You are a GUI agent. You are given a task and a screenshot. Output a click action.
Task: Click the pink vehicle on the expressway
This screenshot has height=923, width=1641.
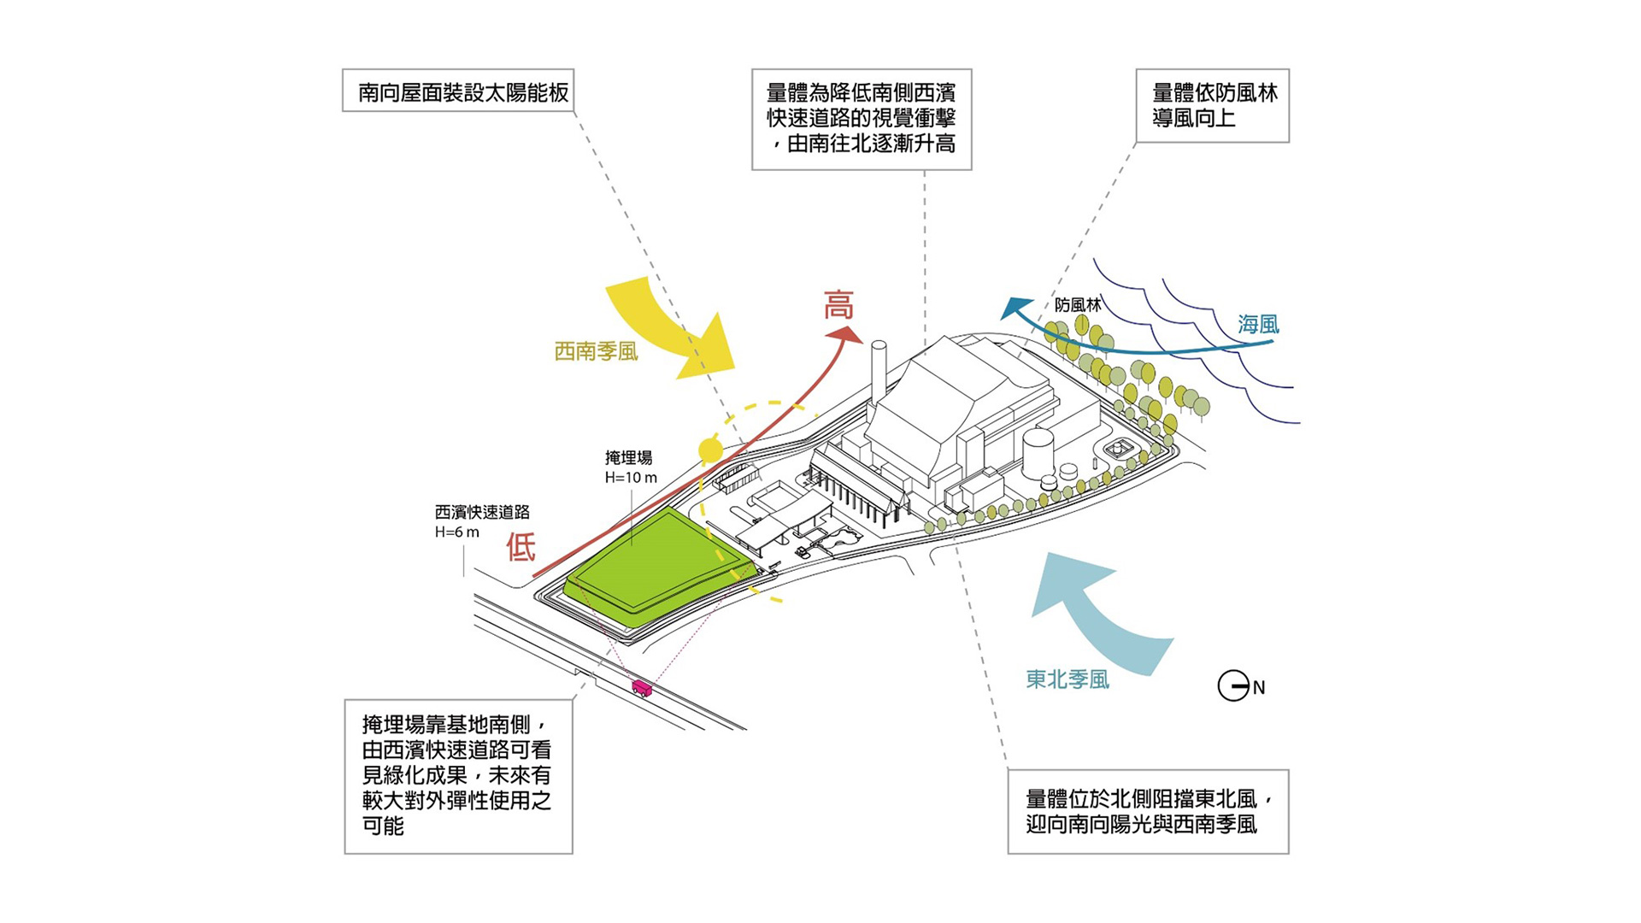click(641, 688)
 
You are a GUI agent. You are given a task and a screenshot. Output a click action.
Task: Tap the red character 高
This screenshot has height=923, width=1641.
click(838, 305)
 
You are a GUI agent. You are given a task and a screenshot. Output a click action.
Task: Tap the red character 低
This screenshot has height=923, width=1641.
click(521, 547)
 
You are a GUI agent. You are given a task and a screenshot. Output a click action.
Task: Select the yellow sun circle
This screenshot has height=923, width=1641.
click(710, 450)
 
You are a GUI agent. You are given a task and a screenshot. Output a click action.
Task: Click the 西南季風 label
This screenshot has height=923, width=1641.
click(596, 351)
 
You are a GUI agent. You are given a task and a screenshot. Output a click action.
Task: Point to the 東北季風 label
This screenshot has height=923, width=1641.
click(1068, 679)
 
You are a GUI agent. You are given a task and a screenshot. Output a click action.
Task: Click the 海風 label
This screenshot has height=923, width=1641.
click(1258, 325)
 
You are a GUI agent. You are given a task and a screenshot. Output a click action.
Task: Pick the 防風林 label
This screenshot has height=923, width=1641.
click(1077, 305)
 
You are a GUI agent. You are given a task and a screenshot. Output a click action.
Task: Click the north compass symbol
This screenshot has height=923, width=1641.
click(1233, 685)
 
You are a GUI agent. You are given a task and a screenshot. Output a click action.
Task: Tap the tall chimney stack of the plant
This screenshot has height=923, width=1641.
click(878, 376)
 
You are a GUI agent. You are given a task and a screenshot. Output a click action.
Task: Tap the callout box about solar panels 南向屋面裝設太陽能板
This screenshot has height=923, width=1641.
click(458, 91)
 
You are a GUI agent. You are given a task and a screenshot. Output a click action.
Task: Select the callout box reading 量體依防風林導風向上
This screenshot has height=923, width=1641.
click(1212, 106)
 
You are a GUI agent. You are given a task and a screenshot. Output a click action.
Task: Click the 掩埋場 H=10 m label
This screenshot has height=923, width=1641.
click(631, 467)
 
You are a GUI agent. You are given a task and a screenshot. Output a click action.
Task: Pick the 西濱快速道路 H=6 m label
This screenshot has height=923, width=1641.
click(481, 521)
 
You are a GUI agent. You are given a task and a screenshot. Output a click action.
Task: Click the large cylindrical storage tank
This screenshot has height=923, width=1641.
click(1038, 453)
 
